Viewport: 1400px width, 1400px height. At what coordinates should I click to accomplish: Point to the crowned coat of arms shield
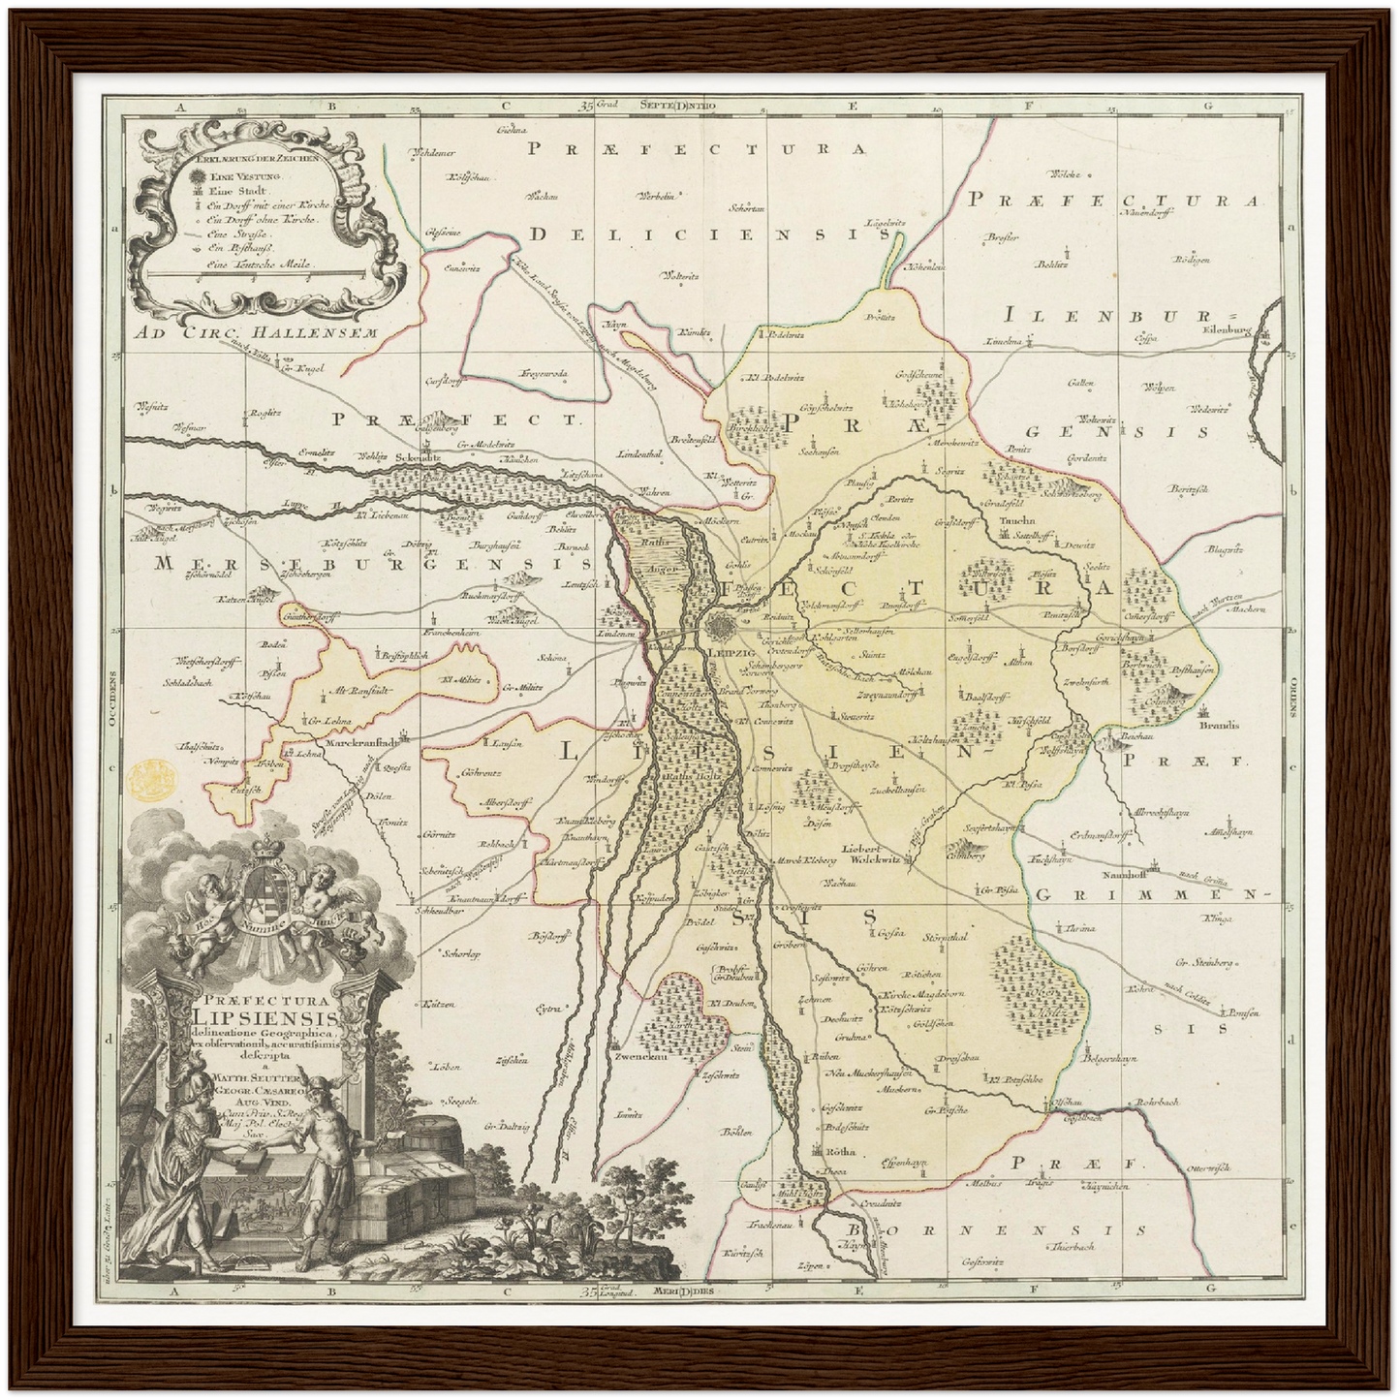[270, 891]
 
